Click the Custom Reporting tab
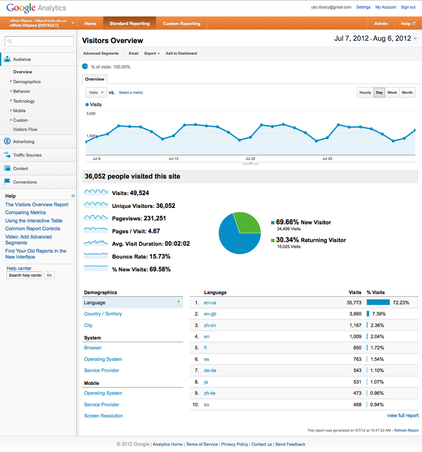pos(181,23)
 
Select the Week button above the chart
pos(392,92)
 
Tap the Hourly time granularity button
pos(365,92)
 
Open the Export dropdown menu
pos(152,54)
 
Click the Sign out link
pos(408,7)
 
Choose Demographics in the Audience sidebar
pos(27,82)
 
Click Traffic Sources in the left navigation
pos(27,155)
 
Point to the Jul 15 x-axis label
pos(173,159)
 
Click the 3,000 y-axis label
pos(91,114)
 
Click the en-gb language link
pos(210,314)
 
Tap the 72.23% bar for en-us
pos(378,303)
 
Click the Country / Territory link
pos(103,314)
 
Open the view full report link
pos(403,415)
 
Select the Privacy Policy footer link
pos(234,444)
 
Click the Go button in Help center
pos(49,275)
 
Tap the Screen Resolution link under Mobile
pos(104,416)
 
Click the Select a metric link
pos(131,92)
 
